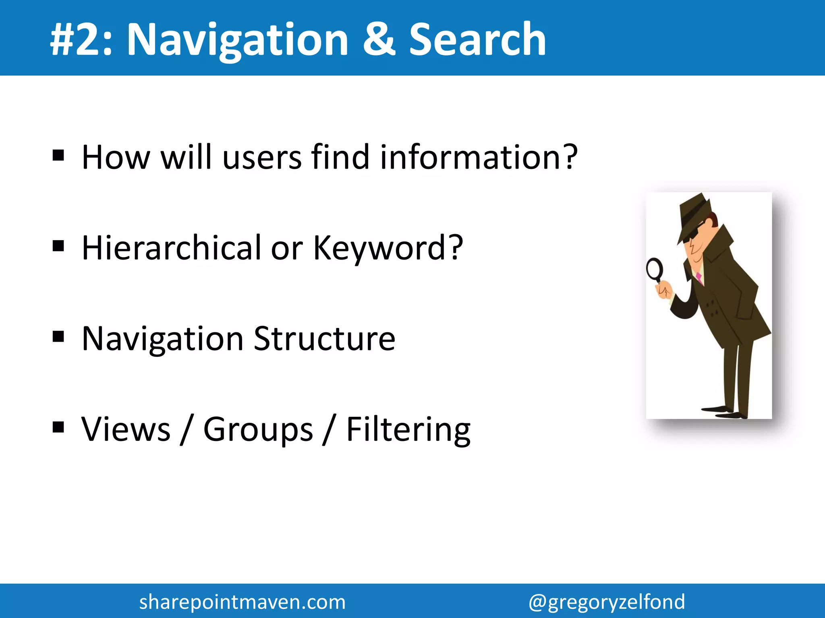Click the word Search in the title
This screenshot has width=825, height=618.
pos(477,39)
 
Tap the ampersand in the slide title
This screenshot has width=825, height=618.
pos(379,39)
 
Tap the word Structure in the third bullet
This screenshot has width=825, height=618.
pos(324,339)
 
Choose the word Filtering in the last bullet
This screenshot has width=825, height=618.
pos(408,430)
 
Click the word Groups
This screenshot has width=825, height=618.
pos(258,430)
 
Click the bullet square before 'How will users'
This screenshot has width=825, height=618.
pos(58,155)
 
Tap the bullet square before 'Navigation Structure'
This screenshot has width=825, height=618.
pos(58,336)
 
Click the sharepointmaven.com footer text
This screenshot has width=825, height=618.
pos(242,602)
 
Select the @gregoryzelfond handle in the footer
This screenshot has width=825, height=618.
pos(607,602)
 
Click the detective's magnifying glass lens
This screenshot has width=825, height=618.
pos(655,270)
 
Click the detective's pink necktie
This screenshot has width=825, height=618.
pos(699,278)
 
